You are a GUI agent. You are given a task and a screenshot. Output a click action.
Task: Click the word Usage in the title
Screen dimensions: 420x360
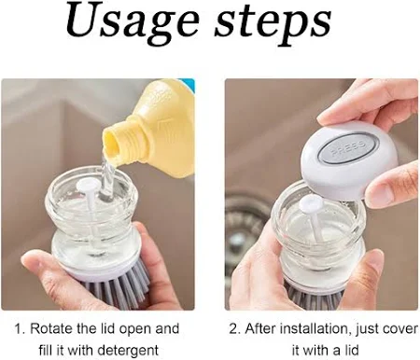[x=133, y=23]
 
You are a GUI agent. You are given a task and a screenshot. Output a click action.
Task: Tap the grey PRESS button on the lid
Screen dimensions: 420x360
[x=348, y=148]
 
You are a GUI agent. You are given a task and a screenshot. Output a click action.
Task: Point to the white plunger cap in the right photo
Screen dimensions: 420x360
[x=311, y=203]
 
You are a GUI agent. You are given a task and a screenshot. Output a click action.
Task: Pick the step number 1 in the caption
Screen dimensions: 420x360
[x=20, y=329]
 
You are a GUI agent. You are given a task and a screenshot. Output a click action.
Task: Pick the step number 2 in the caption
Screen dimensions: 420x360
[x=234, y=329]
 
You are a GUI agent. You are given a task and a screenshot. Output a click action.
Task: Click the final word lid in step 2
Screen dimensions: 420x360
[x=351, y=351]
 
